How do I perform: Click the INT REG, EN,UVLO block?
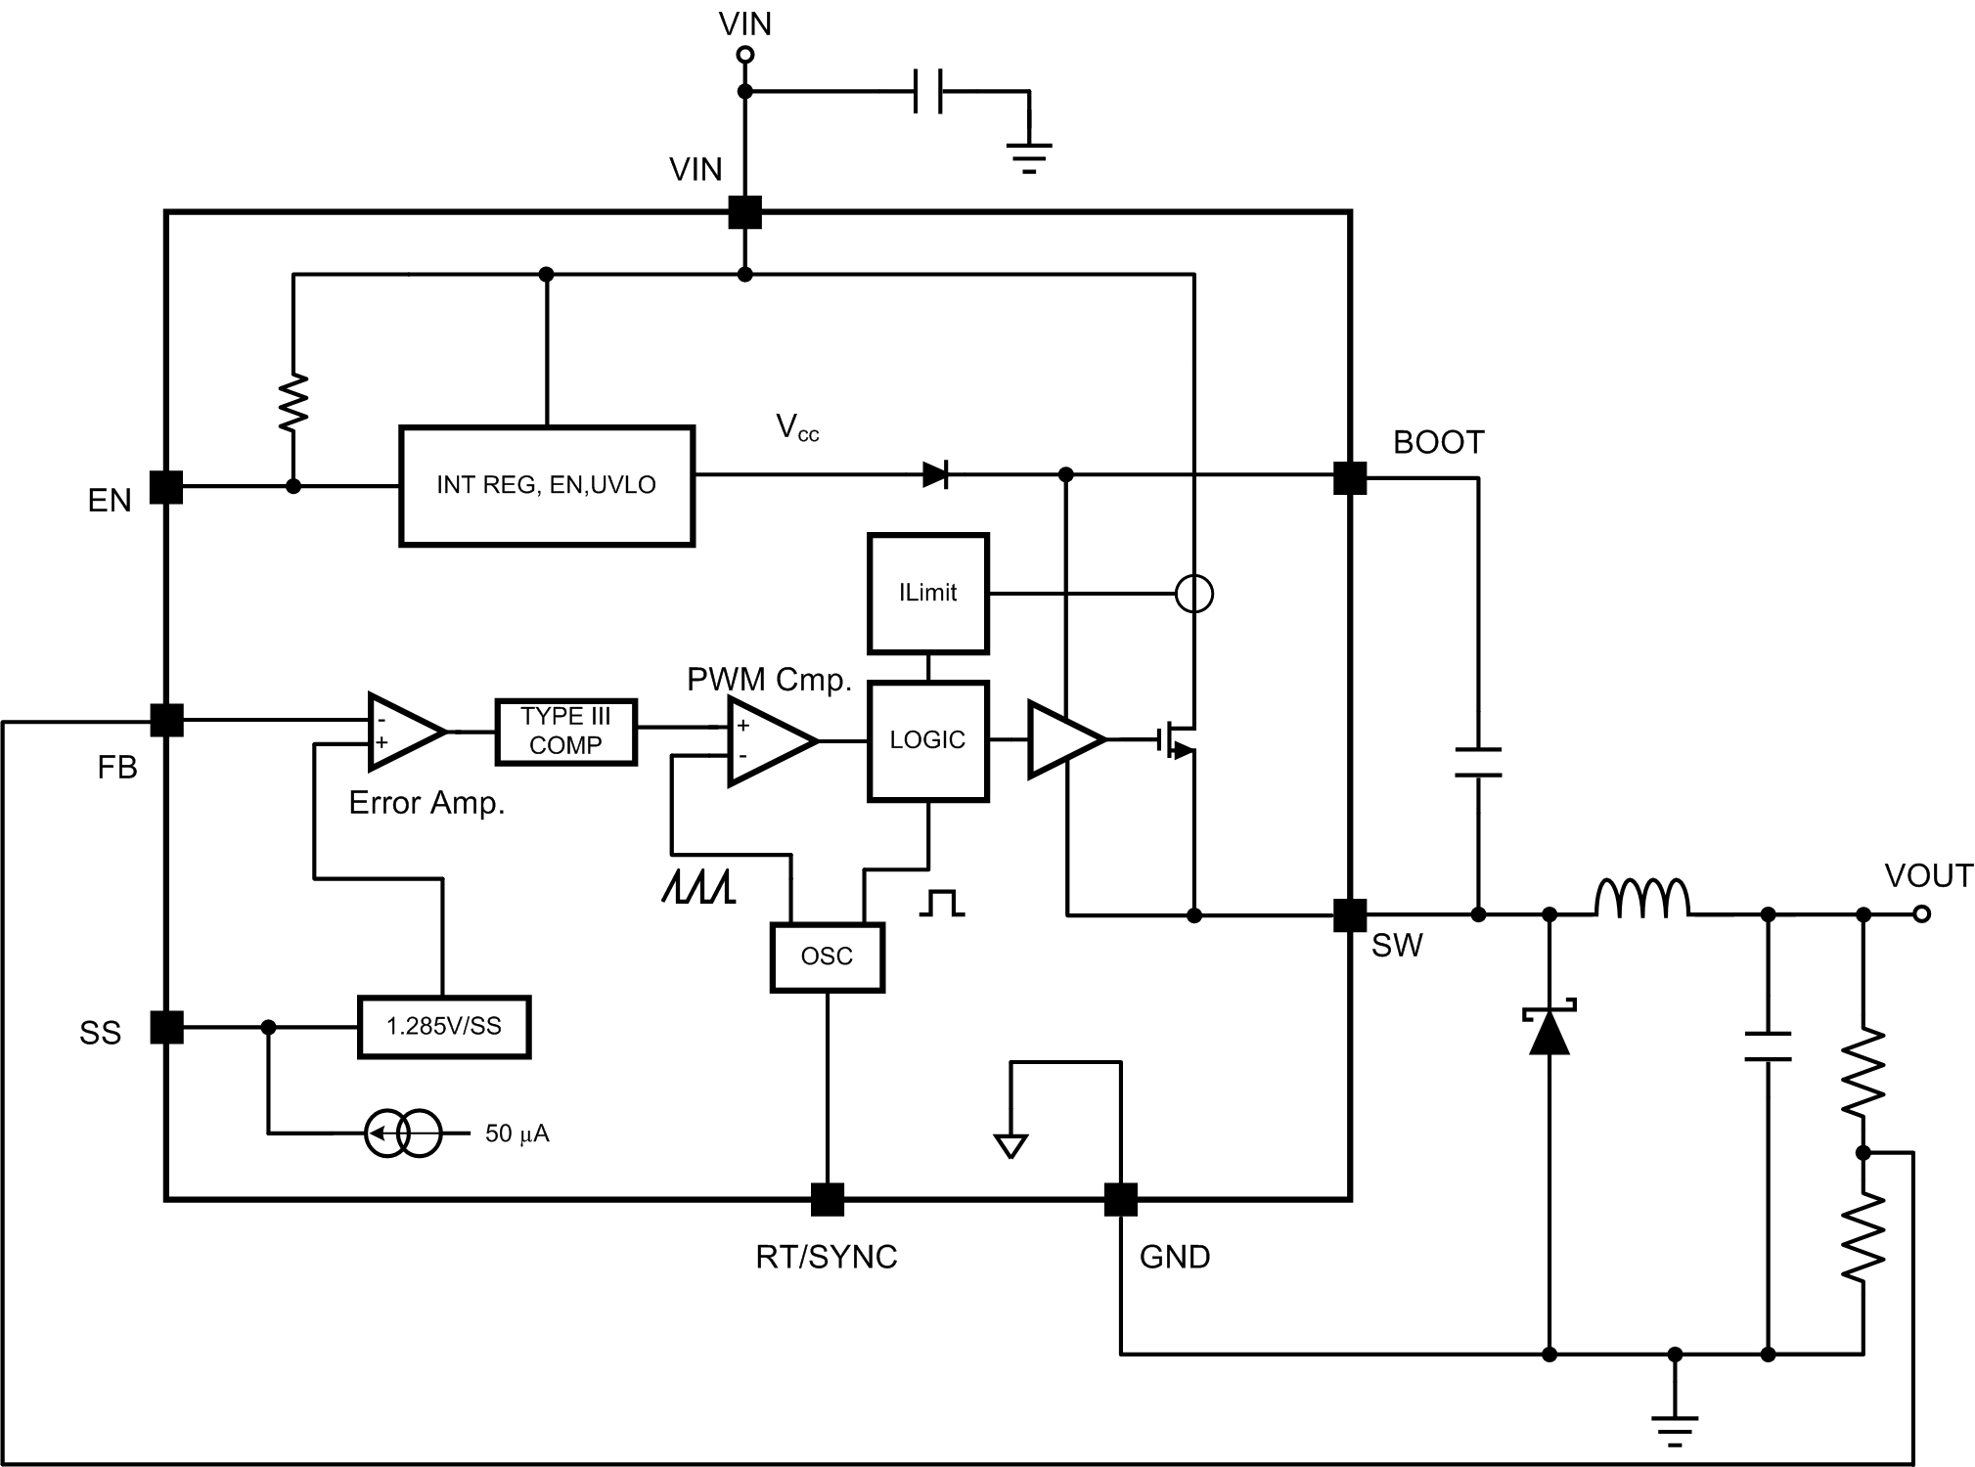(x=546, y=485)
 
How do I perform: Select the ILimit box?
(x=927, y=593)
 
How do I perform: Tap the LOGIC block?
(x=927, y=740)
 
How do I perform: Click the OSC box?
(x=827, y=956)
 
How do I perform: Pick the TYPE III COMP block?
(x=565, y=732)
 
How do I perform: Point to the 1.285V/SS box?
(x=443, y=1027)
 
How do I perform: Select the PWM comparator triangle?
(x=769, y=740)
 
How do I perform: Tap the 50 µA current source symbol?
(x=403, y=1134)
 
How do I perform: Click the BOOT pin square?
(x=1350, y=478)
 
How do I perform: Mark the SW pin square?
(x=1350, y=915)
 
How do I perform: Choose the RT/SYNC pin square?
(x=827, y=1199)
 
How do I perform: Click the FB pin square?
(x=166, y=721)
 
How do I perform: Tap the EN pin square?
(x=166, y=487)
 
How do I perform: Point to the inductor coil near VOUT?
(x=1641, y=900)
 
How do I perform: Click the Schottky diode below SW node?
(x=1549, y=1031)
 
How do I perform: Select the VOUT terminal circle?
(x=1921, y=914)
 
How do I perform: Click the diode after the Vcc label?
(x=935, y=475)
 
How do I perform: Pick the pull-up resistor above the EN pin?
(x=292, y=402)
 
